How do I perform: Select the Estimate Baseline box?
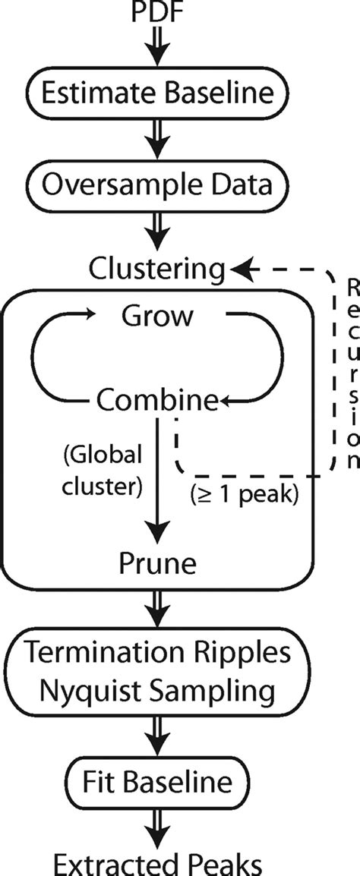point(158,96)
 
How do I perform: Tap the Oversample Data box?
point(158,184)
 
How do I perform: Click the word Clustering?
point(157,268)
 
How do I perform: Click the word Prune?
point(158,563)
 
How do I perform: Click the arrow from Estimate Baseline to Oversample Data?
point(158,140)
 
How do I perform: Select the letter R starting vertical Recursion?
point(352,288)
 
